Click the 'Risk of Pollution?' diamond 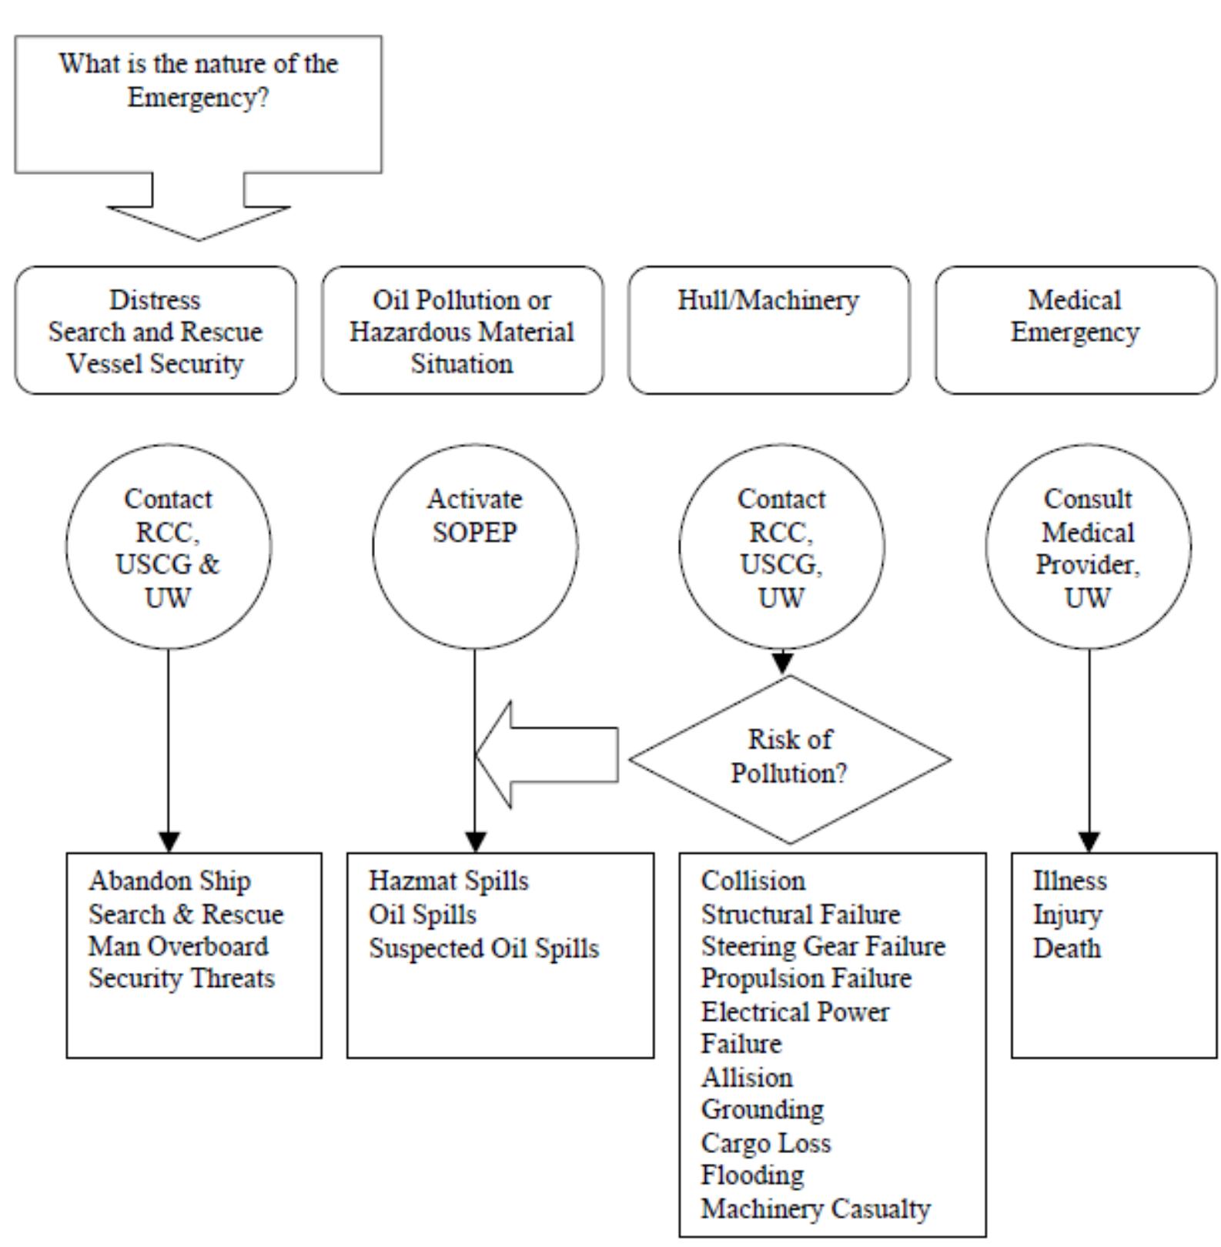click(790, 758)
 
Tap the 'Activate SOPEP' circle click(475, 546)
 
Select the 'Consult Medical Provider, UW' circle click(1088, 547)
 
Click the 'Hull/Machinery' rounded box click(768, 330)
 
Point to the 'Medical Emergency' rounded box click(1075, 330)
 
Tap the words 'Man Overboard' click(178, 946)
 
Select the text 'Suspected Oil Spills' click(483, 948)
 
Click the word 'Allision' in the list click(746, 1077)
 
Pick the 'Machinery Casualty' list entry click(815, 1209)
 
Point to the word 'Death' click(1066, 948)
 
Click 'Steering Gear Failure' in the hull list click(823, 946)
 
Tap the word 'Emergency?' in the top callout click(198, 98)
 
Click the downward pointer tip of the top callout click(198, 236)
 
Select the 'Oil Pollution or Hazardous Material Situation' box click(462, 330)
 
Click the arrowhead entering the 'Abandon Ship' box click(169, 842)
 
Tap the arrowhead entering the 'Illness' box click(1089, 842)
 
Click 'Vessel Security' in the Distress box click(155, 363)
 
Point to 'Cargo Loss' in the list click(765, 1143)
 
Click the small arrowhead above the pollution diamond click(782, 662)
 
